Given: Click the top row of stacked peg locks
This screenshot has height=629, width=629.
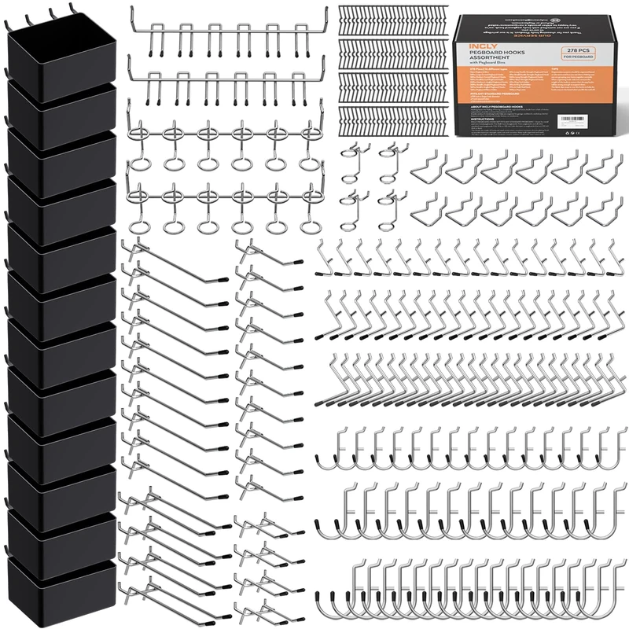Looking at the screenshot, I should click(394, 19).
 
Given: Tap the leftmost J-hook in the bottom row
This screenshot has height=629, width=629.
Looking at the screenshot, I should click(328, 598).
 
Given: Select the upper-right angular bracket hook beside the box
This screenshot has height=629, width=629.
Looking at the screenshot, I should click(601, 164).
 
